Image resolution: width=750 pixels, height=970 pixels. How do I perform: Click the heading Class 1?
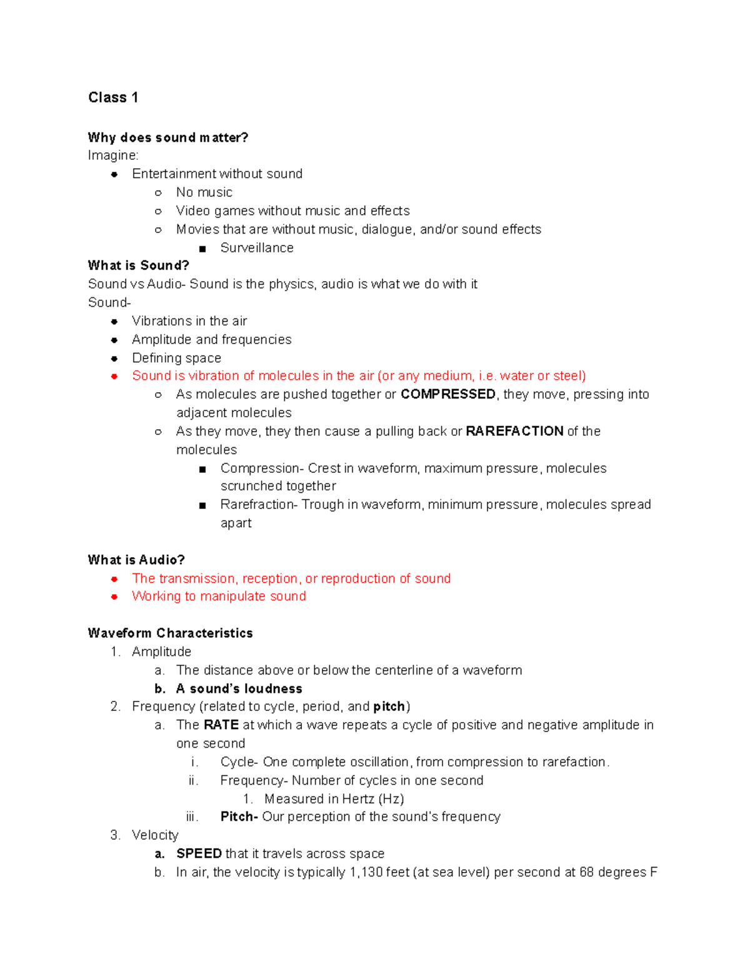pyautogui.click(x=113, y=97)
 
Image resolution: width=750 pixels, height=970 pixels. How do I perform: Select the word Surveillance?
pyautogui.click(x=256, y=248)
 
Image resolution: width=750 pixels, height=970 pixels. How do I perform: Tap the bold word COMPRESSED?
pyautogui.click(x=448, y=394)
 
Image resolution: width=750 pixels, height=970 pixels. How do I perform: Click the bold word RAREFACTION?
pyautogui.click(x=514, y=431)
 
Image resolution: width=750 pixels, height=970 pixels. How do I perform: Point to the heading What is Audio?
pyautogui.click(x=136, y=560)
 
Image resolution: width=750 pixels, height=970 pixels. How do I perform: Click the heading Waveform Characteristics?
pyautogui.click(x=170, y=633)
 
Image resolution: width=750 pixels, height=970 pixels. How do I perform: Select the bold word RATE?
pyautogui.click(x=221, y=725)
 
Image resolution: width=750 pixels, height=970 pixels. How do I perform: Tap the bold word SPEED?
pyautogui.click(x=199, y=854)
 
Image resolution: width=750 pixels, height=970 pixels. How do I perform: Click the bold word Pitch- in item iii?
pyautogui.click(x=239, y=817)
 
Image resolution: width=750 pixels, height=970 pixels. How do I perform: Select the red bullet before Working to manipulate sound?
pyautogui.click(x=114, y=597)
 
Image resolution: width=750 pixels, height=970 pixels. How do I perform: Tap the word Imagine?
pyautogui.click(x=113, y=156)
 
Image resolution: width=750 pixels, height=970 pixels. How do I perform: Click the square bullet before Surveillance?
pyautogui.click(x=202, y=249)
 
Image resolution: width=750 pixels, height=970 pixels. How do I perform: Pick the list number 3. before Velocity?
pyautogui.click(x=115, y=836)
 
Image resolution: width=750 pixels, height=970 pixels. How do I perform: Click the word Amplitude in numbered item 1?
pyautogui.click(x=161, y=652)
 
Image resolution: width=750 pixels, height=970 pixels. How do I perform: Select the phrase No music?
pyautogui.click(x=204, y=192)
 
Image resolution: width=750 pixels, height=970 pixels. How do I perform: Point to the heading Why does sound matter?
pyautogui.click(x=168, y=137)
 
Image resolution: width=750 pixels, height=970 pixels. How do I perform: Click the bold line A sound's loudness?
pyautogui.click(x=239, y=689)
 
